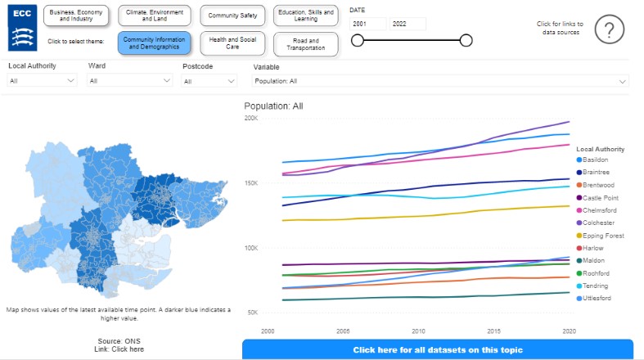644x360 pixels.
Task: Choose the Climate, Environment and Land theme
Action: pyautogui.click(x=154, y=16)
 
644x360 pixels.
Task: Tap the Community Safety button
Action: pyautogui.click(x=233, y=16)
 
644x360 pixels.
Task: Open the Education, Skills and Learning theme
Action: pyautogui.click(x=305, y=16)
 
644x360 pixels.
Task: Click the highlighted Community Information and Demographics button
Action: pyautogui.click(x=154, y=43)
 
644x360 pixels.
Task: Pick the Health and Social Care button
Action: pyautogui.click(x=233, y=43)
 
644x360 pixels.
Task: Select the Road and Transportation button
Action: pyautogui.click(x=305, y=43)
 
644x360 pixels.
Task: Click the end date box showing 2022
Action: pyautogui.click(x=408, y=24)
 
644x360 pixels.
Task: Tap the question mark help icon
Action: pyautogui.click(x=609, y=29)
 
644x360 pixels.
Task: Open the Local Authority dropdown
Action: pyautogui.click(x=43, y=81)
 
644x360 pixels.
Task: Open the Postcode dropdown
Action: pyautogui.click(x=209, y=81)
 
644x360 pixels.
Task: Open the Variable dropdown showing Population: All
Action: pyautogui.click(x=440, y=81)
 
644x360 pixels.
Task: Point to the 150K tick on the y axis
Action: pyautogui.click(x=250, y=183)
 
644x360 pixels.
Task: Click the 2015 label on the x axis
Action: pyautogui.click(x=494, y=331)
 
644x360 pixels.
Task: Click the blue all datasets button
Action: pyautogui.click(x=437, y=350)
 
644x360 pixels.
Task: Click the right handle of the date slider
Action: pyautogui.click(x=466, y=40)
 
